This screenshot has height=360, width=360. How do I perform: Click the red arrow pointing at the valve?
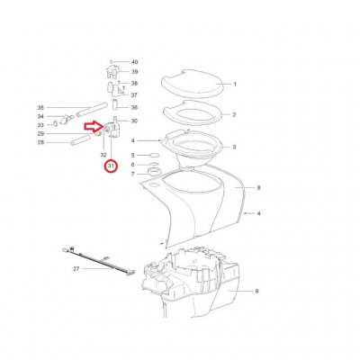[94, 127]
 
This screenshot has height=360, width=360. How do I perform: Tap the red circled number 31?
[112, 166]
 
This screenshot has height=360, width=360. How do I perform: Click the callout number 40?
[135, 62]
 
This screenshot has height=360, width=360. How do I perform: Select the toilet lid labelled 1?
[192, 84]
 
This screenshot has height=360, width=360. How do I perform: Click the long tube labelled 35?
[92, 110]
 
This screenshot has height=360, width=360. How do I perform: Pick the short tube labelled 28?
[80, 140]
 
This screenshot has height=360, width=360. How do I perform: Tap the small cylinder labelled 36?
[115, 104]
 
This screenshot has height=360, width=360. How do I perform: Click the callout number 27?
[76, 269]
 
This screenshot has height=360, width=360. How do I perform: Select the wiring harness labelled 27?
[98, 260]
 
